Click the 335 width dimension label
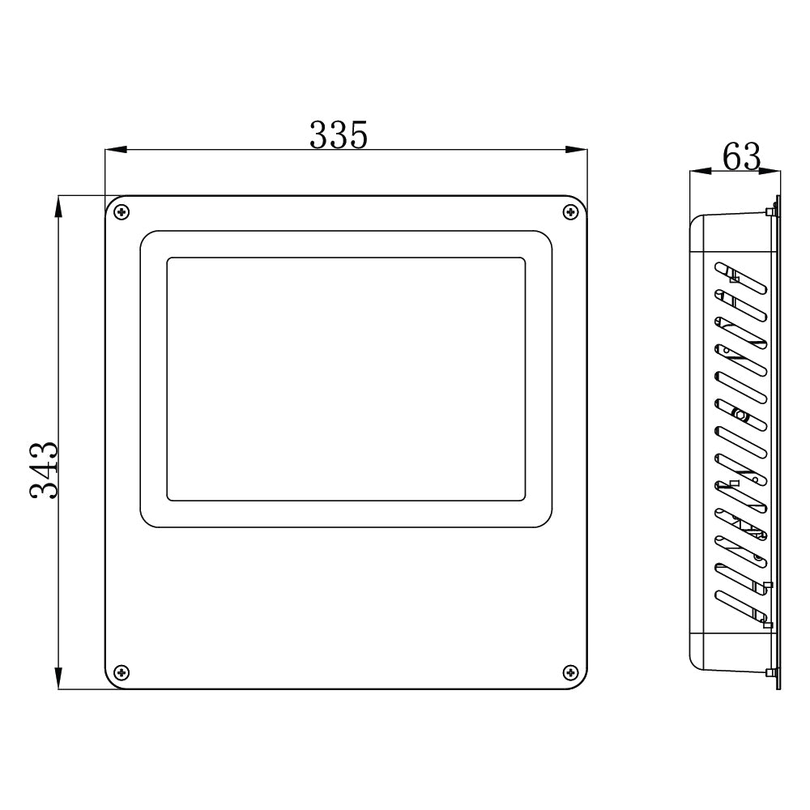click(x=339, y=135)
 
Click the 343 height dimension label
click(x=43, y=470)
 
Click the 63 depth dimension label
click(x=741, y=157)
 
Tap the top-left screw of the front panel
click(x=122, y=212)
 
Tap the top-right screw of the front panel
click(x=570, y=212)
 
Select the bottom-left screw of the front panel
click(x=122, y=671)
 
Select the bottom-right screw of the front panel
click(x=570, y=671)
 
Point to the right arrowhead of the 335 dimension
click(x=577, y=150)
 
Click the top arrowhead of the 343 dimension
click(x=58, y=206)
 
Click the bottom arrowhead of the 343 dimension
click(x=58, y=679)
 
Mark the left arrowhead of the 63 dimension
click(x=698, y=172)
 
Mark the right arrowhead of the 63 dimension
click(x=770, y=172)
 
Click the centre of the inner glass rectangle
click(x=346, y=379)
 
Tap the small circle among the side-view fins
click(x=739, y=415)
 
